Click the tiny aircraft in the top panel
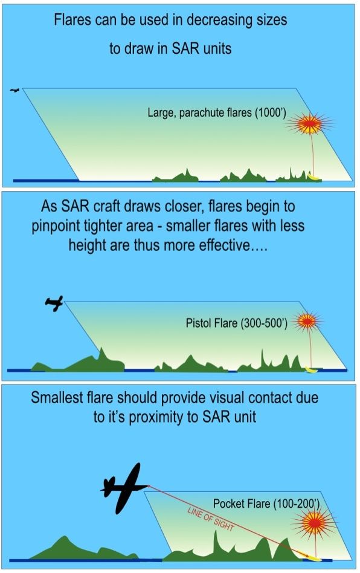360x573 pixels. pos(14,91)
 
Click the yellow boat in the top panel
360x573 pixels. pos(313,176)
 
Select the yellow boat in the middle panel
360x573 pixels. pos(310,369)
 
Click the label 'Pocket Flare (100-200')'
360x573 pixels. pos(259,503)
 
